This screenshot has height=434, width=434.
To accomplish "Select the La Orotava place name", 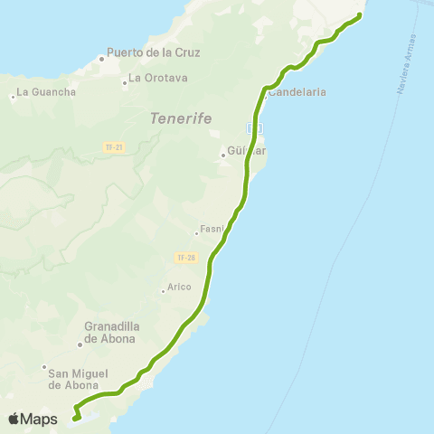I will click(157, 78).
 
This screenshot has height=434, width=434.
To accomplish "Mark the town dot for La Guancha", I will click(14, 95).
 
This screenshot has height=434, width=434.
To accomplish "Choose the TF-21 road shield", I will click(113, 146).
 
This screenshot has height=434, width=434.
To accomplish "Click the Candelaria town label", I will click(297, 92).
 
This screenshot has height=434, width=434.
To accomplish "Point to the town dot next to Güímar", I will click(222, 156).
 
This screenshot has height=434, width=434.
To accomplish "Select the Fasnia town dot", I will click(196, 233).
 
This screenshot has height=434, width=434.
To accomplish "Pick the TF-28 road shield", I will click(185, 258).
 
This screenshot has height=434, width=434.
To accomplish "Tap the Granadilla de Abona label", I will click(109, 333).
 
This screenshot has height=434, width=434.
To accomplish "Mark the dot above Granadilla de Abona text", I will click(79, 343).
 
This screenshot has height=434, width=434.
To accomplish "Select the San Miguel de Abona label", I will click(79, 379).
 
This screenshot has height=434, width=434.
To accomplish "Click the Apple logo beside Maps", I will click(14, 419).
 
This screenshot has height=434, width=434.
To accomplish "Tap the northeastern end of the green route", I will click(360, 15).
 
